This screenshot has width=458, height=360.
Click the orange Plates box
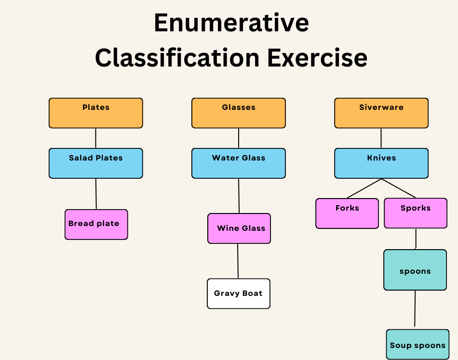point(96,113)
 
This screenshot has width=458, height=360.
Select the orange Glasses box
point(239,113)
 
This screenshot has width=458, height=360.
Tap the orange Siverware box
point(381,113)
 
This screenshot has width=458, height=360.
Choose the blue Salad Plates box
point(96,163)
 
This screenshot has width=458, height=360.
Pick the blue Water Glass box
point(239,163)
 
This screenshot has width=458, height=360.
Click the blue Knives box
point(381,163)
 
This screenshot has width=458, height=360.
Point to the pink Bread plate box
point(96,225)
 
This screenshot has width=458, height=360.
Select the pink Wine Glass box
point(239,228)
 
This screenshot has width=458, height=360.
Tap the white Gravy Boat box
point(239,293)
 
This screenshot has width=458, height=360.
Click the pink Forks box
point(347,213)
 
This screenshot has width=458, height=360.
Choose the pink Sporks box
point(416,213)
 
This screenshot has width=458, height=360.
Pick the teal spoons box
point(415,270)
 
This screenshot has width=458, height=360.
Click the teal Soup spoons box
point(418,344)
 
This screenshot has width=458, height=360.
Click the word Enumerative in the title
point(231,23)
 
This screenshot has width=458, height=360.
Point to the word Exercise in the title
point(317,57)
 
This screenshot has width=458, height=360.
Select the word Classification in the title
point(177,57)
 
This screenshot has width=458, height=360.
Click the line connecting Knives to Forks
point(364,188)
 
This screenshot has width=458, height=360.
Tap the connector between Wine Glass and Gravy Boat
point(238,261)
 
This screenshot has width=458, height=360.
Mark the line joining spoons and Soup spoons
point(415,308)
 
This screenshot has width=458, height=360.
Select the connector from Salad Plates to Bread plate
point(96,194)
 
